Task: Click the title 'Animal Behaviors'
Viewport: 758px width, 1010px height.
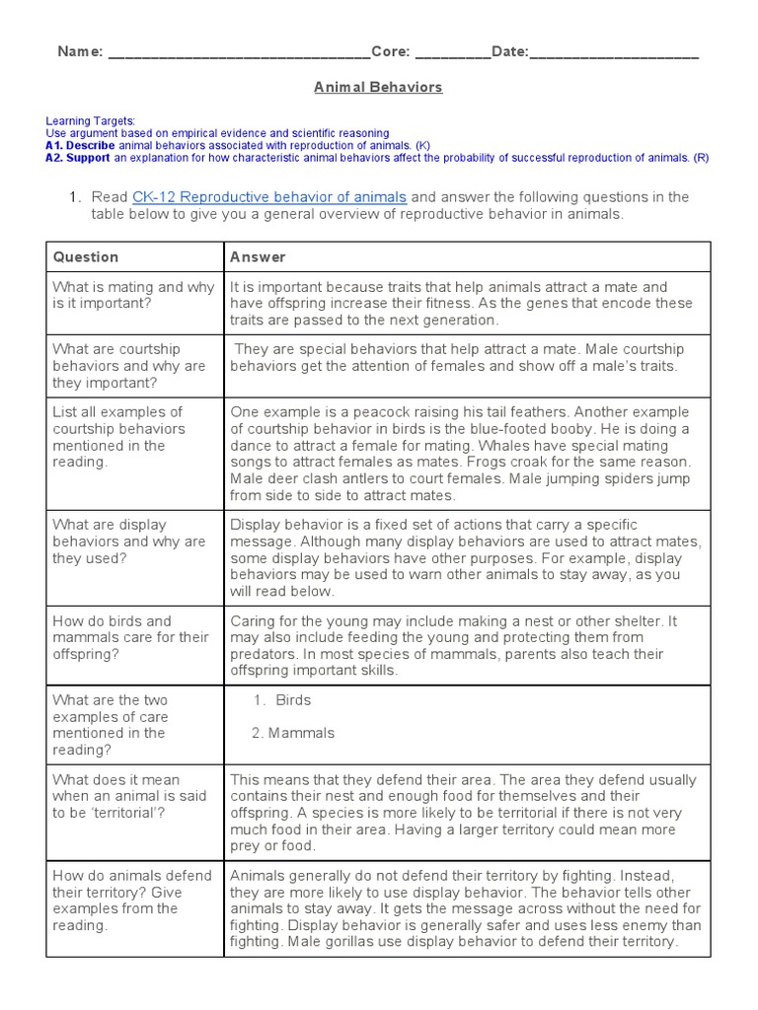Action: (378, 87)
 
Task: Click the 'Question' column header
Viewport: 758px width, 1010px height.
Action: (86, 256)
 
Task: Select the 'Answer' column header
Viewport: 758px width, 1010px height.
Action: (258, 256)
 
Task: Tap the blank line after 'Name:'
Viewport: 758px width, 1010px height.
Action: (238, 52)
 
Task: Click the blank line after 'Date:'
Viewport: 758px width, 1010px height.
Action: (614, 52)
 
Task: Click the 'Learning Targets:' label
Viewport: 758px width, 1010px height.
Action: (91, 120)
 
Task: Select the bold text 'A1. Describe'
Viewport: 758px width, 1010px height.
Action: (82, 145)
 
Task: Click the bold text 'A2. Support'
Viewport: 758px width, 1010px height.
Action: (78, 158)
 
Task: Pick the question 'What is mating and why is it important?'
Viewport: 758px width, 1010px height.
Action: (132, 295)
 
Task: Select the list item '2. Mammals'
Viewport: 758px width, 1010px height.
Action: (292, 733)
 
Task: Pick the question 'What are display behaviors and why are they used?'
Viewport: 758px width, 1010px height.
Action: (129, 541)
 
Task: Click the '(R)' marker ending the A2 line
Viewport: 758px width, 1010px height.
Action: (701, 158)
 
